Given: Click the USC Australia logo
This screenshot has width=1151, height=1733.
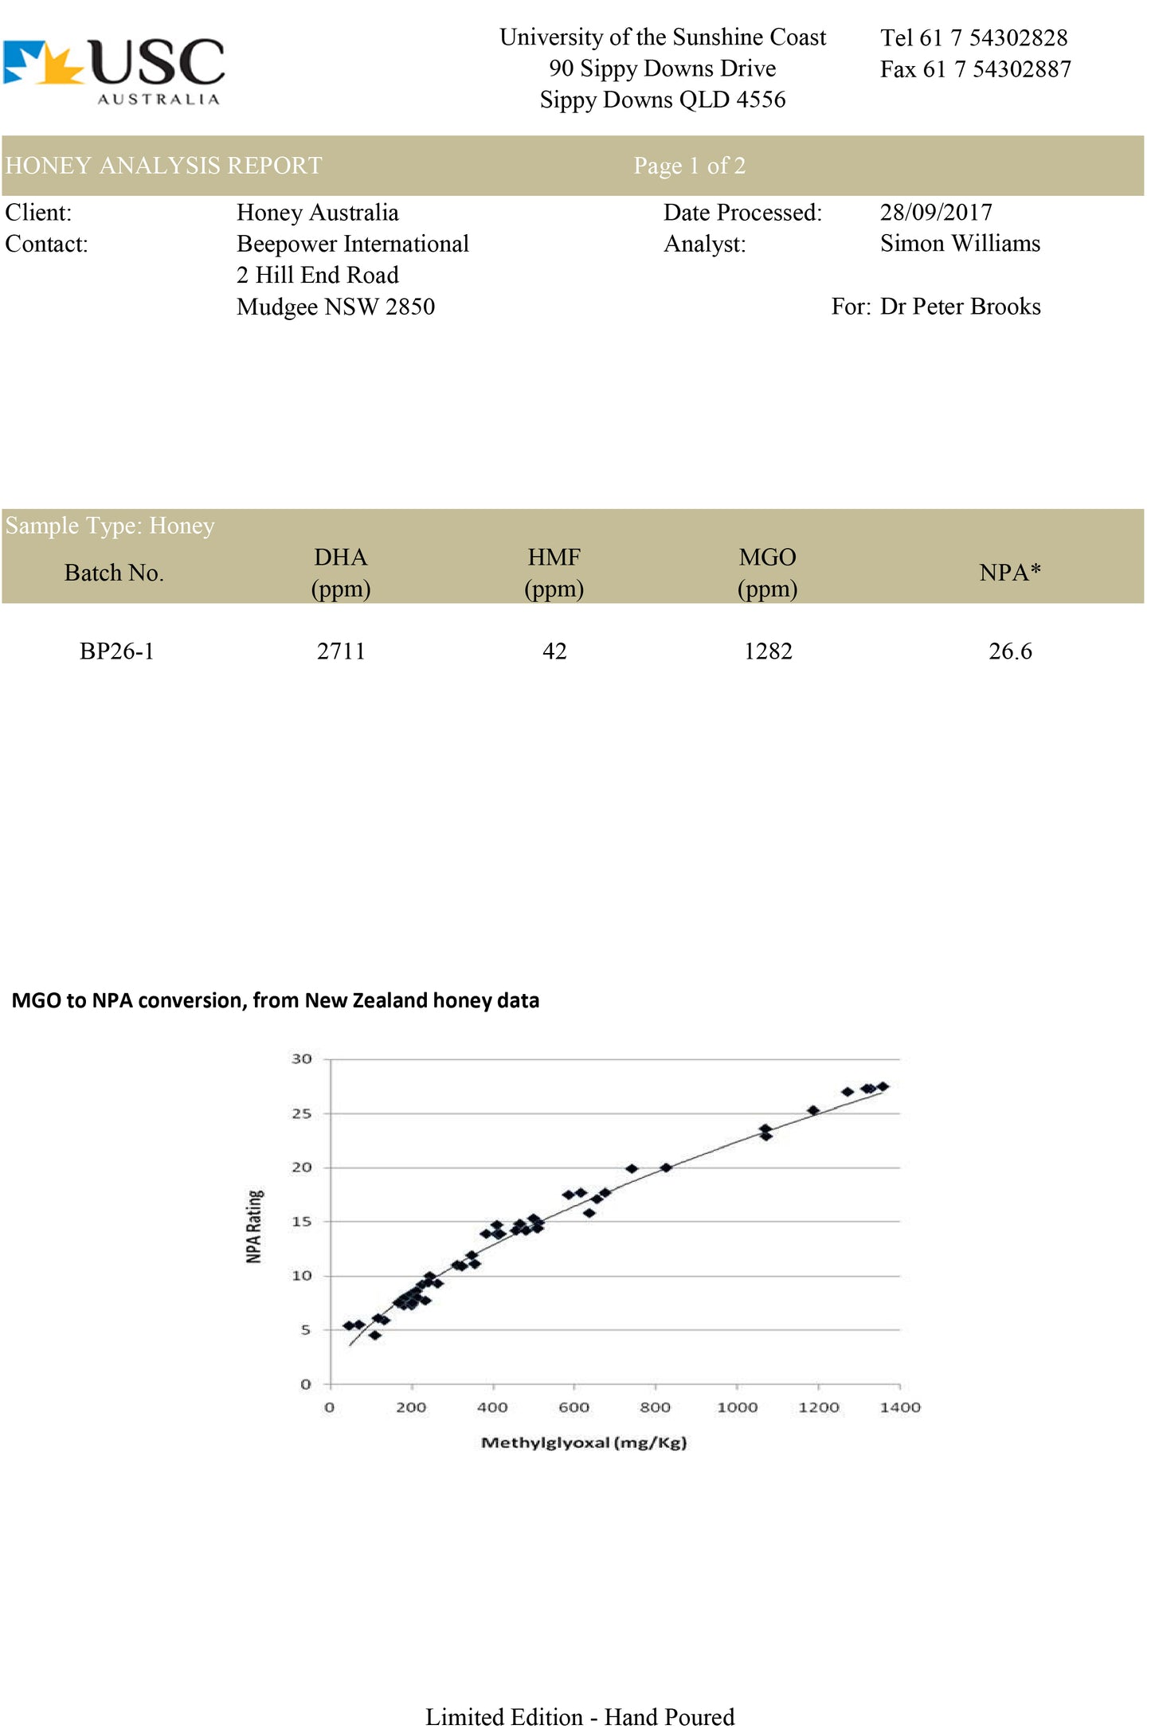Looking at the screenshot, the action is (114, 72).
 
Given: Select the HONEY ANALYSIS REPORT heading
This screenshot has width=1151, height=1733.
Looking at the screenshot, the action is (163, 165).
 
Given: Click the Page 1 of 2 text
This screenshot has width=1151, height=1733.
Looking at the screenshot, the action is (690, 165).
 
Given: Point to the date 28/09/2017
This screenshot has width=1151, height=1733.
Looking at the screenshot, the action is (936, 212).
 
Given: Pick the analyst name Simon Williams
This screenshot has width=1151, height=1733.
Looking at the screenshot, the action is (960, 243).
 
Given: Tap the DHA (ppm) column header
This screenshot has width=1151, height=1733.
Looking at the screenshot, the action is (341, 573).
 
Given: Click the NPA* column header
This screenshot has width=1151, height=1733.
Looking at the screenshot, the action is (1010, 572).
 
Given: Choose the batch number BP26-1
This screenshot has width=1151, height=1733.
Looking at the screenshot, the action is (116, 651).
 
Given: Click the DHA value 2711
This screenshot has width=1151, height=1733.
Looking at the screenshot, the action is (341, 651).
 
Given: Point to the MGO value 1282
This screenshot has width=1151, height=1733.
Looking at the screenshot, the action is (768, 651).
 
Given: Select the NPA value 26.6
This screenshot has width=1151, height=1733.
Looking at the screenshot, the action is (1010, 651).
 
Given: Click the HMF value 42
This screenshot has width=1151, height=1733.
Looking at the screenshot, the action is (554, 651).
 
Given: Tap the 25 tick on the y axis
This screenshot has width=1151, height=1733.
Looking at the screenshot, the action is (301, 1113).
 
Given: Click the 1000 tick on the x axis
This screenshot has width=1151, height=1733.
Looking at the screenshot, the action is (737, 1407).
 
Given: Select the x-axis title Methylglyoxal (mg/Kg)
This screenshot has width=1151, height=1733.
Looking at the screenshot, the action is (584, 1442).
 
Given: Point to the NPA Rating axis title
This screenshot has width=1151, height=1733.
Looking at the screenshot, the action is (253, 1226).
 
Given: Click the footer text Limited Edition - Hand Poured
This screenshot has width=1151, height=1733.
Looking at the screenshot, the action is (580, 1716).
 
